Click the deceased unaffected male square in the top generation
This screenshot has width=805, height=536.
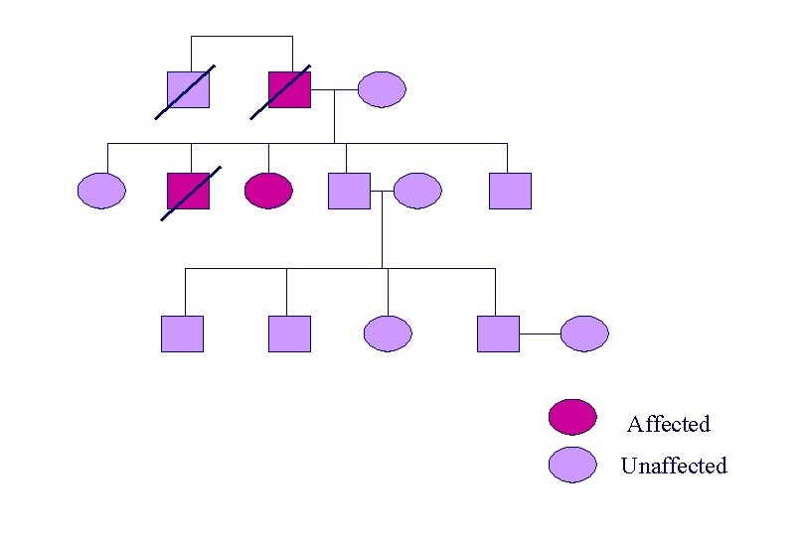pyautogui.click(x=188, y=89)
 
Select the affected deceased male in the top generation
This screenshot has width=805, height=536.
pyautogui.click(x=289, y=89)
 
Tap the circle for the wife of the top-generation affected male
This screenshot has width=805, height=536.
pyautogui.click(x=382, y=89)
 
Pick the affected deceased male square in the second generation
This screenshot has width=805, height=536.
pyautogui.click(x=188, y=191)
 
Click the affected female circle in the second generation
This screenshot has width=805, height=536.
pyautogui.click(x=268, y=191)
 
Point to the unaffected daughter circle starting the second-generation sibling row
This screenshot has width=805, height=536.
pyautogui.click(x=102, y=191)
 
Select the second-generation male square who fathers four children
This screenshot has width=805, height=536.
pyautogui.click(x=349, y=191)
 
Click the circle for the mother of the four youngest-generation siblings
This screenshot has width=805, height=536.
pyautogui.click(x=417, y=191)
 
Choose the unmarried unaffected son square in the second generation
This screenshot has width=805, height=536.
pyautogui.click(x=510, y=191)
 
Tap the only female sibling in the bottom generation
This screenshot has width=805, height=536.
pyautogui.click(x=388, y=334)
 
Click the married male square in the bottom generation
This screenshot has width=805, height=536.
pyautogui.click(x=498, y=334)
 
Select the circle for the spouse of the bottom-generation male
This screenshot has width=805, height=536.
pyautogui.click(x=583, y=334)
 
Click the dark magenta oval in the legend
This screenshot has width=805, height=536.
pyautogui.click(x=572, y=418)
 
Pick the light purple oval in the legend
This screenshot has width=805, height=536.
pyautogui.click(x=572, y=465)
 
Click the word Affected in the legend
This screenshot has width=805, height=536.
pyautogui.click(x=669, y=425)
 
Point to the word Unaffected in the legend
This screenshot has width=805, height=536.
pyautogui.click(x=674, y=466)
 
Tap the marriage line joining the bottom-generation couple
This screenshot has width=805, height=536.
pyautogui.click(x=540, y=335)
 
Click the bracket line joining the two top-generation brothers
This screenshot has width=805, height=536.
pyautogui.click(x=241, y=37)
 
